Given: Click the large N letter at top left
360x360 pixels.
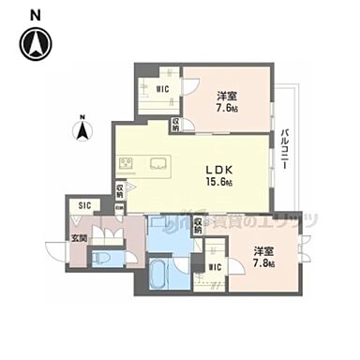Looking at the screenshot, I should pyautogui.click(x=36, y=14).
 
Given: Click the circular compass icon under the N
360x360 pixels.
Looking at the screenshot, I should pyautogui.click(x=36, y=43).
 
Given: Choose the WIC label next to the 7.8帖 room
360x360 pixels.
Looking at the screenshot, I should pyautogui.click(x=216, y=267).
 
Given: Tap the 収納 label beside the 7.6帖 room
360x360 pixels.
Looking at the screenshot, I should pyautogui.click(x=175, y=123).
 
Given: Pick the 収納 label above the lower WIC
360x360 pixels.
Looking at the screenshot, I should pyautogui.click(x=200, y=225).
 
